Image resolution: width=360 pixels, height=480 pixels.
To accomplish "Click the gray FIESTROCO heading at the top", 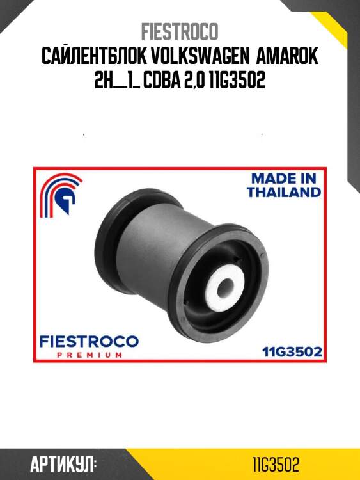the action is [180, 31].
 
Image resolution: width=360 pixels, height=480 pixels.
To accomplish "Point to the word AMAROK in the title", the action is [287, 56].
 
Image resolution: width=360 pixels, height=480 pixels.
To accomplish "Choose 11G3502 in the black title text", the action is [237, 80].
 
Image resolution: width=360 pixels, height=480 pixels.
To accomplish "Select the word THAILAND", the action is [284, 192].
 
